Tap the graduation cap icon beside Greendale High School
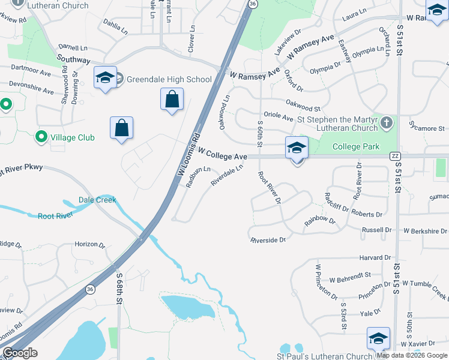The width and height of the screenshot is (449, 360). (105, 78)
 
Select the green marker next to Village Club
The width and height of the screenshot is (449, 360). (41, 137)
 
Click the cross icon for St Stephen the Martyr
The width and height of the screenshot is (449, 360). (387, 123)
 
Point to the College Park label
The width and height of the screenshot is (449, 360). (355, 146)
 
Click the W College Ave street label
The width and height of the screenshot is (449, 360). (223, 155)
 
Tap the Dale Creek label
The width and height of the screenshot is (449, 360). (97, 200)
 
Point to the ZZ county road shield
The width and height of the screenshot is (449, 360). (394, 156)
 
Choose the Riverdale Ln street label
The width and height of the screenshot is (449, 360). (227, 176)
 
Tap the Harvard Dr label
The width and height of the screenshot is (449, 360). (375, 258)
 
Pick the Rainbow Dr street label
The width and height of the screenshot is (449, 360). (319, 221)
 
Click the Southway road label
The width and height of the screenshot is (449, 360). (73, 60)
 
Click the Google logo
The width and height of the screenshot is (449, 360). (20, 353)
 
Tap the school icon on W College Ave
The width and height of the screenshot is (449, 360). (297, 148)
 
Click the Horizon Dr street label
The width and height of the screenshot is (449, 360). (90, 245)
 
